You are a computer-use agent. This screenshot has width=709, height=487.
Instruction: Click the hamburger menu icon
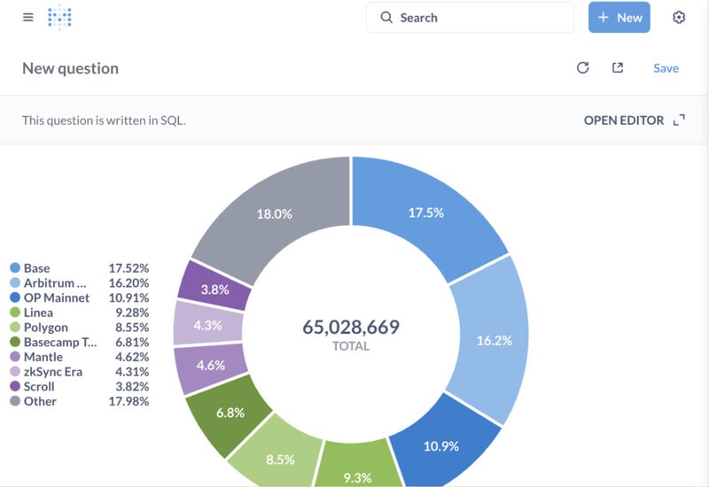click(28, 17)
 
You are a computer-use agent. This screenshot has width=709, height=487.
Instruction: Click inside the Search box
click(470, 18)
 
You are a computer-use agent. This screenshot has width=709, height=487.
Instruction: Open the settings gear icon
click(679, 17)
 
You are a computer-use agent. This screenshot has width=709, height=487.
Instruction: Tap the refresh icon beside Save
click(583, 68)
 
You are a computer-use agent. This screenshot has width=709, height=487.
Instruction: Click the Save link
click(666, 68)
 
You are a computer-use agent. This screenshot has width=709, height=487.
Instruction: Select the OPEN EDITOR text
click(624, 120)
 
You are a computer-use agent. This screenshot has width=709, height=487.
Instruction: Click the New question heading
click(71, 68)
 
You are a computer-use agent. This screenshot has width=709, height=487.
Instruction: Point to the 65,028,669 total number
click(351, 327)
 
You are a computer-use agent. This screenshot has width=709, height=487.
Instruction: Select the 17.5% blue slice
click(425, 213)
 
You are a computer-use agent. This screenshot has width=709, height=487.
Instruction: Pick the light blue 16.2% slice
click(494, 340)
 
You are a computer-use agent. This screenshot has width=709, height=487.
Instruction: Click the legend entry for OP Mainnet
click(57, 298)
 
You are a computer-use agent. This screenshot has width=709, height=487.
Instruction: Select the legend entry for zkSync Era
click(53, 372)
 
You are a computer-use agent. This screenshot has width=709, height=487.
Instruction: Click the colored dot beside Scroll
click(15, 386)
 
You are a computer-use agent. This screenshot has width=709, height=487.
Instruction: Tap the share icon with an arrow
click(618, 68)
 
